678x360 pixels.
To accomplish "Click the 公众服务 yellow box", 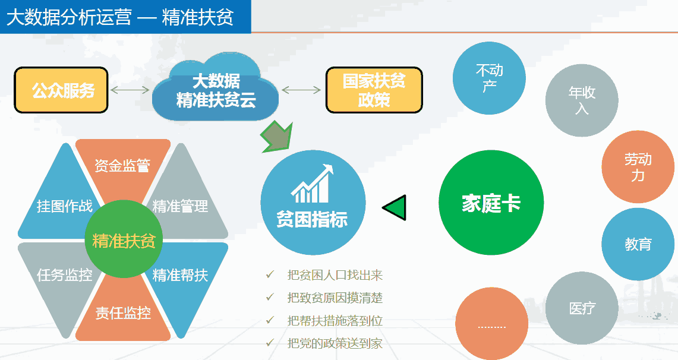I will [x=61, y=90].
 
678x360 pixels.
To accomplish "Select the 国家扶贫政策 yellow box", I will [x=374, y=90].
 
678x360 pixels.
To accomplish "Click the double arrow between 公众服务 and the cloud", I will [x=130, y=90].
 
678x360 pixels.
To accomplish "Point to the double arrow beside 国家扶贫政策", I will [x=301, y=90].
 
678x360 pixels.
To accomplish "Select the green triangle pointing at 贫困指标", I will [x=395, y=207].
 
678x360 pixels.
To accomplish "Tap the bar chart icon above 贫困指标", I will [x=312, y=184].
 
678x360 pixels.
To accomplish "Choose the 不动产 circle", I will [x=489, y=78].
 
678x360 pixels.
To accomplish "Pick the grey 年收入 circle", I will [x=582, y=100].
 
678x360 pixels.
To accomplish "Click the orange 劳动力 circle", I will [x=638, y=167].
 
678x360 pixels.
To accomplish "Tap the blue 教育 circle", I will [x=638, y=244].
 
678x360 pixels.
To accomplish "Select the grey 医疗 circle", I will [x=582, y=308].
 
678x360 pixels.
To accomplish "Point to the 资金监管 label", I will [x=122, y=166].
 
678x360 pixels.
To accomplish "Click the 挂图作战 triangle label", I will [x=64, y=206].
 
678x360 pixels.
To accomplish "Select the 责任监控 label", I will [x=123, y=313].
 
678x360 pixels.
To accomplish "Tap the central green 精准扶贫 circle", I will [x=124, y=240].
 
